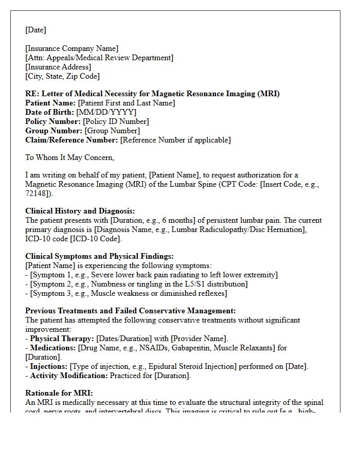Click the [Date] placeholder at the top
click(35, 30)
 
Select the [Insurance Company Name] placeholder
click(71, 48)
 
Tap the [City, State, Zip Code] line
click(62, 76)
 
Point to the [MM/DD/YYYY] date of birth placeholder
click(106, 112)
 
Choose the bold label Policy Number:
click(53, 121)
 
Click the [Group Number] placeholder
click(112, 131)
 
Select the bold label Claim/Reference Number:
click(71, 140)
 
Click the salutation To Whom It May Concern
click(69, 157)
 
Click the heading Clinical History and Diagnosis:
click(80, 211)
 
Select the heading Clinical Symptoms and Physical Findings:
click(99, 256)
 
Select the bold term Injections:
click(49, 366)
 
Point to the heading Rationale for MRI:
click(59, 393)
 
